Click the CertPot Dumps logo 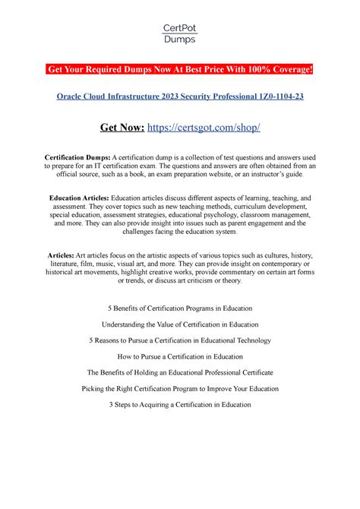[x=180, y=33]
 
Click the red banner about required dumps [x=180, y=71]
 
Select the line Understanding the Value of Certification [x=180, y=324]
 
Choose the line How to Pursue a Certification [x=180, y=356]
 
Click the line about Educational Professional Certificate [x=180, y=372]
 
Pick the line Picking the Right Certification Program [x=180, y=388]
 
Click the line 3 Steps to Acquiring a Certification [x=180, y=404]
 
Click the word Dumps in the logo [x=180, y=40]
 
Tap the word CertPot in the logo [x=180, y=28]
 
